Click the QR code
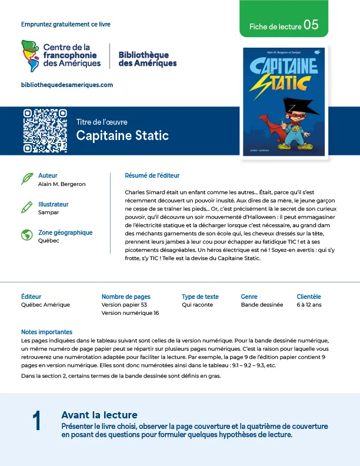45,131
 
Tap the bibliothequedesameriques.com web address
67,85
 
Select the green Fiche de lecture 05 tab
284,25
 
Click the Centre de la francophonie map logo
31,54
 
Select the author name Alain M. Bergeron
62,184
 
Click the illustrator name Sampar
48,212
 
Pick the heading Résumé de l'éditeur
152,175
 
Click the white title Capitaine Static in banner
122,136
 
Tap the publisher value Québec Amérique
45,305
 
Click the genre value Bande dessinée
262,305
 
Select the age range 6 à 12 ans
309,305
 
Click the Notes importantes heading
46,332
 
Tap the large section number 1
36,421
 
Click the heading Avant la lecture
99,415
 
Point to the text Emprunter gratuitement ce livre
65,24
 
